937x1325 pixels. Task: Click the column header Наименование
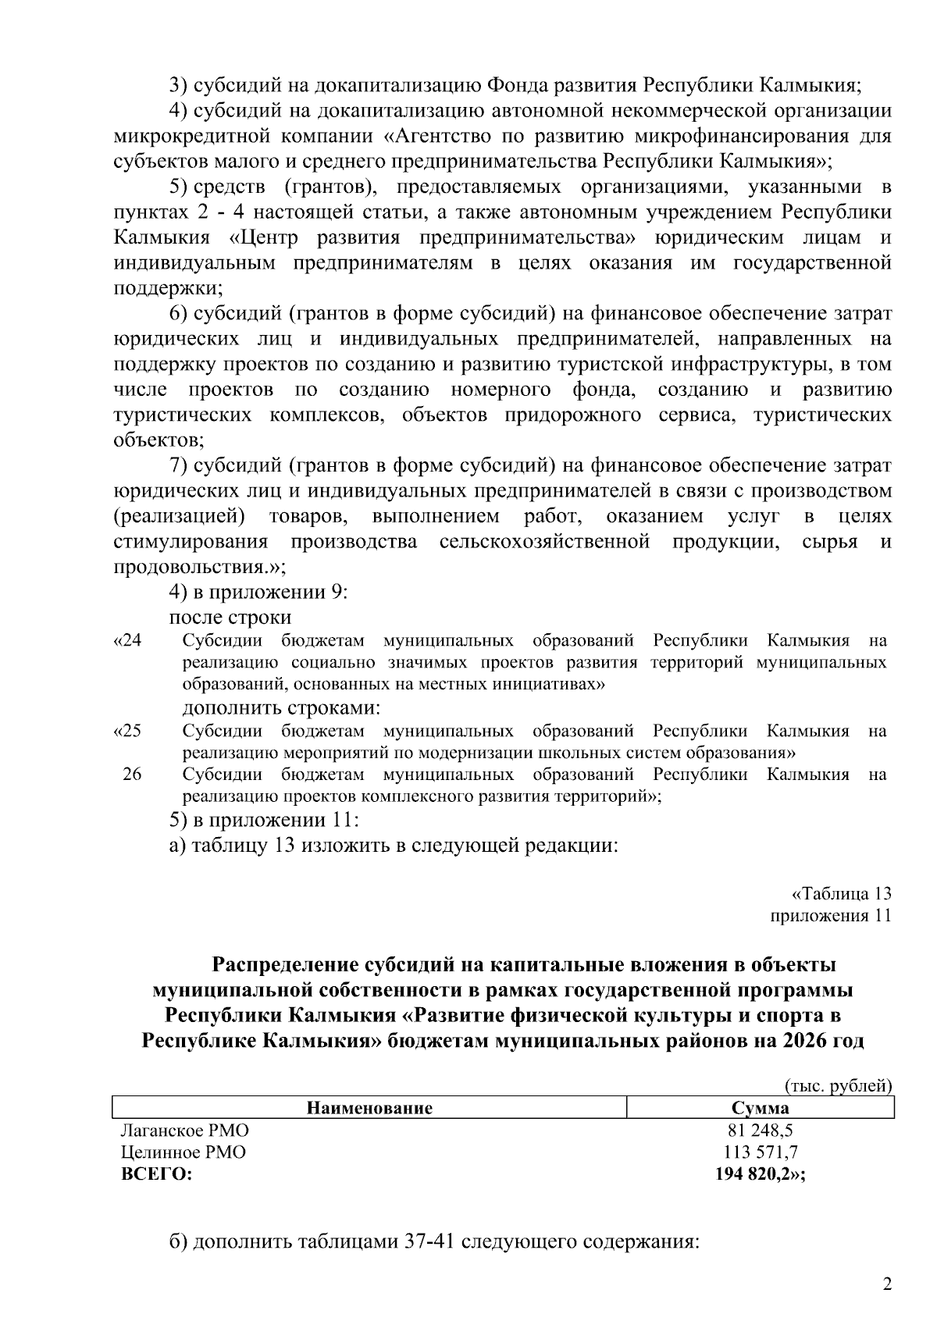(x=369, y=1108)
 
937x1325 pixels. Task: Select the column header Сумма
(x=760, y=1108)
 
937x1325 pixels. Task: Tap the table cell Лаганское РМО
(x=185, y=1131)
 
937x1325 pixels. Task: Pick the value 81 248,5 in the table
(x=760, y=1131)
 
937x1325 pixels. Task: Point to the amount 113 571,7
(x=760, y=1152)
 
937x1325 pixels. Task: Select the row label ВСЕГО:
(x=157, y=1174)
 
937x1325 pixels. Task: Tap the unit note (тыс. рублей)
(x=837, y=1085)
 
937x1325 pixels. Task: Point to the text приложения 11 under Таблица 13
(x=831, y=916)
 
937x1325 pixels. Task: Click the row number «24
(x=128, y=641)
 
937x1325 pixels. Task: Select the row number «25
(x=128, y=732)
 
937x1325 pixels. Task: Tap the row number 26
(x=132, y=775)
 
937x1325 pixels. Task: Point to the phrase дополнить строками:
(x=281, y=708)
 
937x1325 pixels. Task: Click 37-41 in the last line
(x=430, y=1241)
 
